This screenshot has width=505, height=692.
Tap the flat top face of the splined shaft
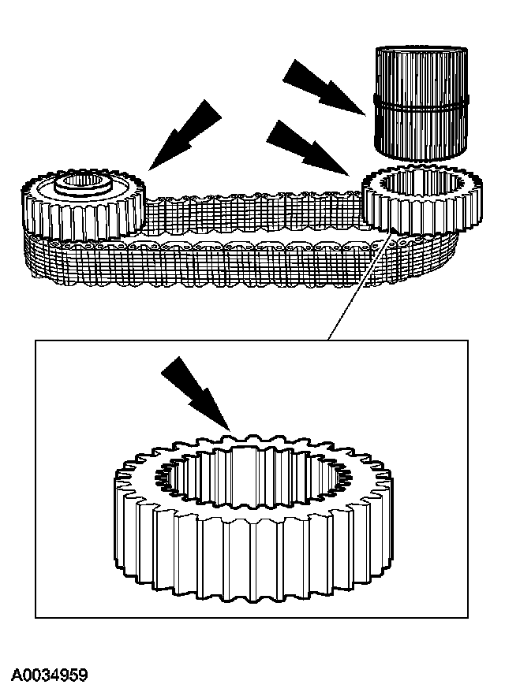(421, 53)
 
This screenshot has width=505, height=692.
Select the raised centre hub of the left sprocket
(83, 188)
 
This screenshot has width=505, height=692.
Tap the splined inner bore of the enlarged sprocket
(252, 481)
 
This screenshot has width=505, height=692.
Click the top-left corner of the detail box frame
(36, 340)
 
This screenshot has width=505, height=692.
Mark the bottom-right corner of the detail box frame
(468, 617)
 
